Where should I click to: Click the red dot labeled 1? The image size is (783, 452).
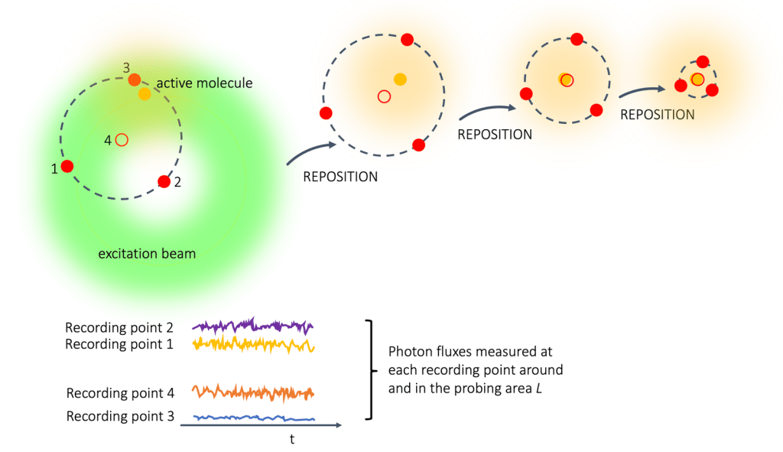pos(67,166)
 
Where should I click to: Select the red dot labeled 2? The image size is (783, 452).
pos(164,181)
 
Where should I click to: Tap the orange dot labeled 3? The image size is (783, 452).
pos(135,80)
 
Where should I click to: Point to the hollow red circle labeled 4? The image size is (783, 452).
pos(122,139)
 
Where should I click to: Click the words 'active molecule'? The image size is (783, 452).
pos(204,83)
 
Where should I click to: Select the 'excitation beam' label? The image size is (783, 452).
pos(147,253)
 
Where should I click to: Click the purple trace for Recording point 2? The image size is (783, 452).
pos(252,327)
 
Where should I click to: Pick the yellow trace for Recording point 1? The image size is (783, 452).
pos(252,344)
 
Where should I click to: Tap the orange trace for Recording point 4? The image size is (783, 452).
pos(252,393)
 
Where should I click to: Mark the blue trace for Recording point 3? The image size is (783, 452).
pos(252,418)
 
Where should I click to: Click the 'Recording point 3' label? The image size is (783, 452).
pos(120,417)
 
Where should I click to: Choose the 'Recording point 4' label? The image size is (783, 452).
pos(120,393)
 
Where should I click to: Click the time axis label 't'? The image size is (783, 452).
pos(291,440)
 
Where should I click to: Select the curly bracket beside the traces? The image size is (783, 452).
pos(372,370)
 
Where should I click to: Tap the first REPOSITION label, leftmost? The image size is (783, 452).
pos(340,177)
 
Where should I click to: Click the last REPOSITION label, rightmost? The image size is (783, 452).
pos(657,115)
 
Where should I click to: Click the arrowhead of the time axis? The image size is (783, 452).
pos(338,424)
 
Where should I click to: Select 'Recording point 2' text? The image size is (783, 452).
pos(120,328)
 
